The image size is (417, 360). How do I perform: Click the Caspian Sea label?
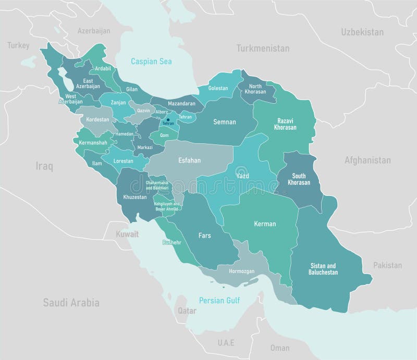pos(151,61)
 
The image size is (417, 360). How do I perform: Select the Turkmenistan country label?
pos(263,48)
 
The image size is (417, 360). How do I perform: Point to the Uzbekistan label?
pos(362,32)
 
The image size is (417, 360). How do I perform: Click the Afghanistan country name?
pos(367,160)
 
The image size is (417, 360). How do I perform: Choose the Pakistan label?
pos(387,265)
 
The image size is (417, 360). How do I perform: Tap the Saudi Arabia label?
pos(71,303)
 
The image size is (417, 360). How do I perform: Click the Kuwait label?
pos(128,234)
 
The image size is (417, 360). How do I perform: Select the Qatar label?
pos(187,311)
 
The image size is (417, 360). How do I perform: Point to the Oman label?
pos(280,348)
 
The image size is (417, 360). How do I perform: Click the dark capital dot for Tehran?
pos(168,120)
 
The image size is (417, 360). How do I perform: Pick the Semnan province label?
pos(225,122)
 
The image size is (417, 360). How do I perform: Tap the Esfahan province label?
pos(189,160)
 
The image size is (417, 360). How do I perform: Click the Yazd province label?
pos(242,176)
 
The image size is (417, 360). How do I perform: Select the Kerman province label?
pos(265,224)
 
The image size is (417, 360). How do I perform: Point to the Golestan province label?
pos(218,89)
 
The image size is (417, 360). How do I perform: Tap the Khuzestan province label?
pos(136,198)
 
